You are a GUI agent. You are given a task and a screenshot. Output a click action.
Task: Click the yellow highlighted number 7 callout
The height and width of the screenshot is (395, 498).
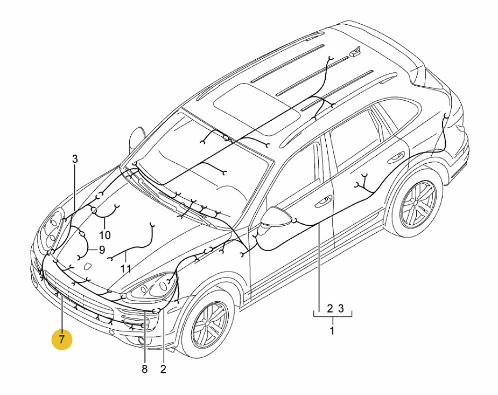62,340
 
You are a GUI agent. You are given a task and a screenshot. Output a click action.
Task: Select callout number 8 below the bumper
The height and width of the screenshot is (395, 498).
144,369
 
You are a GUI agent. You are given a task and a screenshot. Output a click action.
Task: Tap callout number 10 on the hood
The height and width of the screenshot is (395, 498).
104,235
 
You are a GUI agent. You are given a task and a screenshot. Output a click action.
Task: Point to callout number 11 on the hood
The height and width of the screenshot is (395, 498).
125,268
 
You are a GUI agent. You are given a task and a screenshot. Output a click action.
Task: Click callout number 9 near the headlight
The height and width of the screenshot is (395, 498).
101,250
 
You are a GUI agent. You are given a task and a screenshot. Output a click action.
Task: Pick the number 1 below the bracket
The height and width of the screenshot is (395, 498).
332,330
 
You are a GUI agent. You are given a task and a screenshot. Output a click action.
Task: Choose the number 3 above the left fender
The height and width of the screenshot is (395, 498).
75,159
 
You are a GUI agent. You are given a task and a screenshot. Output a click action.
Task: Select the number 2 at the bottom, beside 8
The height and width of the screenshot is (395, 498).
163,369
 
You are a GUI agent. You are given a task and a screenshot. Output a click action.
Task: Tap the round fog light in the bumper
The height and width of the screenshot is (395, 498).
141,340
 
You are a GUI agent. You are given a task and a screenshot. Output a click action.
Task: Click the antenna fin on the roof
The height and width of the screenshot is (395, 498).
355,52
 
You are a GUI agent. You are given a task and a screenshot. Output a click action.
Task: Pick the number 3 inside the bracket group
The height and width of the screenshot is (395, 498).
340,309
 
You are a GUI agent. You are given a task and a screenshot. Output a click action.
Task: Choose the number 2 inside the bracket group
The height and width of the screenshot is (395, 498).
329,309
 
